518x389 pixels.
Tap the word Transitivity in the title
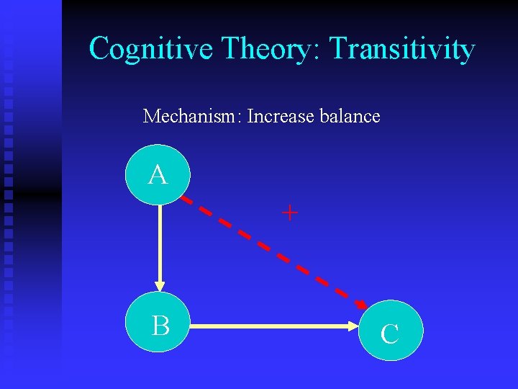point(402,49)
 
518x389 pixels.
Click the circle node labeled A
point(158,175)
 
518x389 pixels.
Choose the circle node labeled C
point(391,330)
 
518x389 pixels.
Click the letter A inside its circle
point(158,175)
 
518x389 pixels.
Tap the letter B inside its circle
point(160,326)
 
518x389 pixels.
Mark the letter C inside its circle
point(390,334)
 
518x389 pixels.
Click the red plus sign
point(289,213)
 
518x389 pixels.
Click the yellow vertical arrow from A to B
point(160,245)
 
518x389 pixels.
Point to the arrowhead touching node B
point(160,286)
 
